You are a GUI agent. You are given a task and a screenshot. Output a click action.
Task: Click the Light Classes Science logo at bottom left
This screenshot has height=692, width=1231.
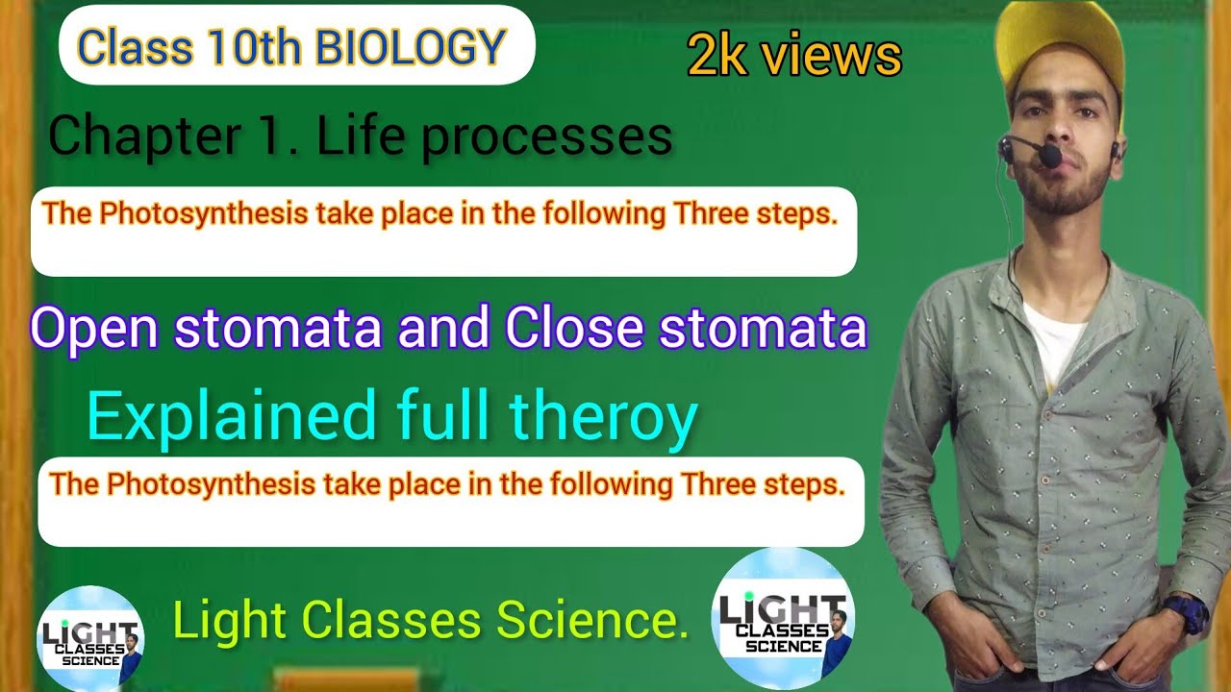coord(89,637)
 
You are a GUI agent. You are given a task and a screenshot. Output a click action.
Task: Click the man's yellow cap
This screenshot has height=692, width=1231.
coord(1062,43)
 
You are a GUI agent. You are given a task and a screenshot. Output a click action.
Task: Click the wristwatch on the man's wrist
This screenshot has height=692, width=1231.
coord(1184,613)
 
